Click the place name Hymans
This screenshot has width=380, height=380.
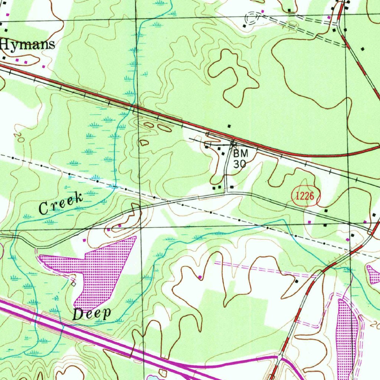(28, 44)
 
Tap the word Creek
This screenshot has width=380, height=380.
(61, 204)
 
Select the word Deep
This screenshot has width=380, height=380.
(92, 314)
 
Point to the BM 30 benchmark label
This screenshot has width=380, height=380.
(240, 158)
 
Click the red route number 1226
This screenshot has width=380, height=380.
(305, 197)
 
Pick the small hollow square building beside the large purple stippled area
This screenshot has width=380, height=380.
(73, 284)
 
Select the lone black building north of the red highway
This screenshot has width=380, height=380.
(229, 127)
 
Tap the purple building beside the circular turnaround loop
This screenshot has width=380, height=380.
(263, 12)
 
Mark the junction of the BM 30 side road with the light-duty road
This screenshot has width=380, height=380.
(226, 193)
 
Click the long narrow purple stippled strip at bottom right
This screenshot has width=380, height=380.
(346, 334)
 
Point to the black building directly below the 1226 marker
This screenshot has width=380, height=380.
(326, 211)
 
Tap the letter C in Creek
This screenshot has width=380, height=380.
(43, 210)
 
